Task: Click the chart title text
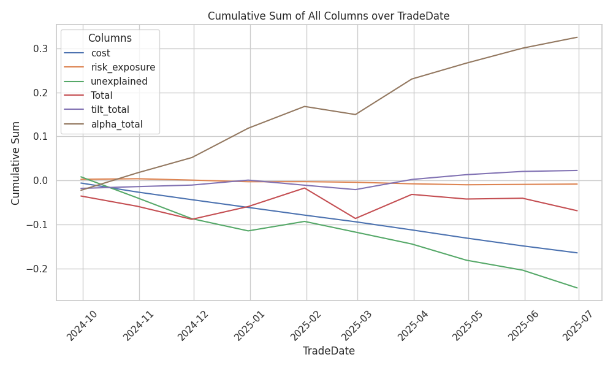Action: (x=328, y=16)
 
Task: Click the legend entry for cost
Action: (x=100, y=53)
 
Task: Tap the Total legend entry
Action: (x=101, y=96)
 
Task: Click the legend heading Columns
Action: (x=110, y=38)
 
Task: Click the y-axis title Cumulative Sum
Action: (x=16, y=163)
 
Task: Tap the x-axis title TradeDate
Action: (x=328, y=351)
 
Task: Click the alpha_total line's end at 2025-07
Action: (x=577, y=37)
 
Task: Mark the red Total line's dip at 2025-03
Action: (x=355, y=218)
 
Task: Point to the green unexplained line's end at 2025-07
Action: (x=577, y=288)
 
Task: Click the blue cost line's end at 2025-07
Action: (x=577, y=253)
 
